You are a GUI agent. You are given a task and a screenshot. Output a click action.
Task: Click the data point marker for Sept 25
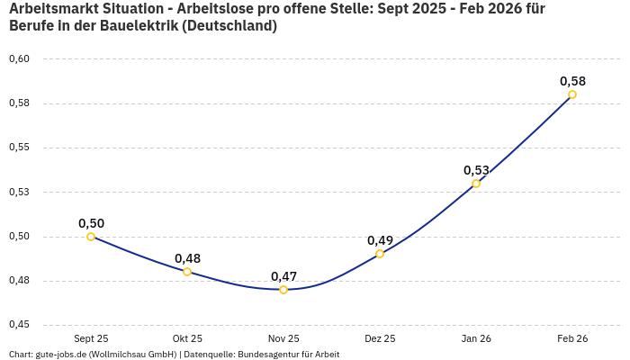pyautogui.click(x=91, y=237)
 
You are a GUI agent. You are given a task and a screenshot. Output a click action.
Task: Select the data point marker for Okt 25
pyautogui.click(x=187, y=272)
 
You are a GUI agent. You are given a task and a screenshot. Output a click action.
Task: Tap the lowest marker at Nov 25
pyautogui.click(x=283, y=290)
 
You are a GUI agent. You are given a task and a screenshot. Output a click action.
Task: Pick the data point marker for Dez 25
pyautogui.click(x=380, y=254)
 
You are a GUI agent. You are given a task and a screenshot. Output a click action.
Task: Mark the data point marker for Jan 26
pyautogui.click(x=476, y=184)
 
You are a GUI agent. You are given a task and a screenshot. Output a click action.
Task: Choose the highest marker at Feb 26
pyautogui.click(x=572, y=94)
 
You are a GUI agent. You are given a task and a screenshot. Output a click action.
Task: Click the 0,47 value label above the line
pyautogui.click(x=283, y=276)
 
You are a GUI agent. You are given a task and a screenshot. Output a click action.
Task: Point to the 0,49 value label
pyautogui.click(x=380, y=240)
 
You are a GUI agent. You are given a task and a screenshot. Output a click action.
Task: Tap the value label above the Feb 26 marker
pyautogui.click(x=572, y=81)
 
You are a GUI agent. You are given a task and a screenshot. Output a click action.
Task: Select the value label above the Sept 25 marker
pyautogui.click(x=91, y=223)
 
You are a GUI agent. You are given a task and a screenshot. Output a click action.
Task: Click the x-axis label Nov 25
pyautogui.click(x=283, y=338)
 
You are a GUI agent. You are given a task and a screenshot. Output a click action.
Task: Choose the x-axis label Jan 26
pyautogui.click(x=476, y=338)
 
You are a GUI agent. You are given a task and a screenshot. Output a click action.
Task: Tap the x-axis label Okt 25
pyautogui.click(x=187, y=338)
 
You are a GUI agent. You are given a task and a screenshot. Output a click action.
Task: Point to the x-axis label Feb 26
pyautogui.click(x=572, y=338)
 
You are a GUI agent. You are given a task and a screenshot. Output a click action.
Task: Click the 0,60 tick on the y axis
pyautogui.click(x=19, y=59)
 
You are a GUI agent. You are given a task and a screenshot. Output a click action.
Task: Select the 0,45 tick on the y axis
pyautogui.click(x=19, y=325)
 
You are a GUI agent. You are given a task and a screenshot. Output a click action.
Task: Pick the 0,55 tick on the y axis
pyautogui.click(x=19, y=148)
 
